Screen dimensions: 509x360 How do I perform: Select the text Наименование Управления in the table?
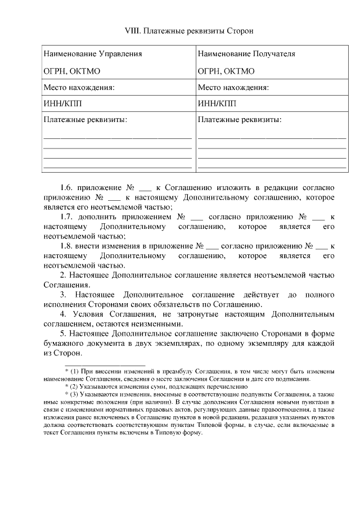93,54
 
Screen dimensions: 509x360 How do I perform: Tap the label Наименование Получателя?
246,54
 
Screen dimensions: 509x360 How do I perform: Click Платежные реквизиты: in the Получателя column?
240,120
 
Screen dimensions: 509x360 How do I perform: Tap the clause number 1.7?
67,217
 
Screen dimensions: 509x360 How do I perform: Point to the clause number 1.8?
67,246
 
